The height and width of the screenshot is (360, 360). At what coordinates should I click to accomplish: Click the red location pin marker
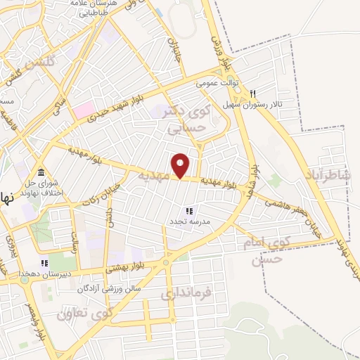pos(181,165)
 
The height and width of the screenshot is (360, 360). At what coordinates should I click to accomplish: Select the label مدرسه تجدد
pos(188,221)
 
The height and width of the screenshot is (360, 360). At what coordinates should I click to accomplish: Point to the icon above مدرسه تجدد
pos(188,210)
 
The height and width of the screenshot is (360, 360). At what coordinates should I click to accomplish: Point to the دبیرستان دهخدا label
pos(44,276)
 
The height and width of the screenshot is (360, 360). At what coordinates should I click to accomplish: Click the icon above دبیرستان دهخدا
pos(44,263)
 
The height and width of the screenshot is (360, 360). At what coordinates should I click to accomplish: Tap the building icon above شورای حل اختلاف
pos(40,173)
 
